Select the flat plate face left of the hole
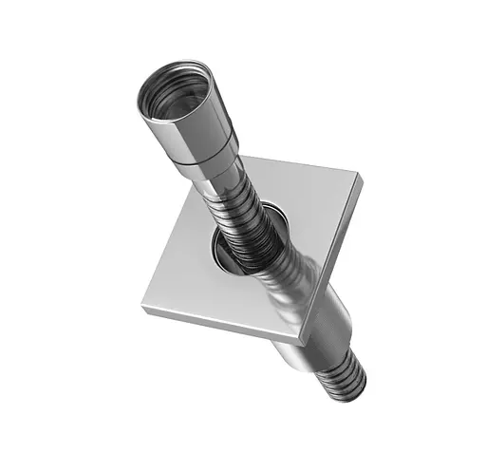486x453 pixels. pos(185,261)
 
